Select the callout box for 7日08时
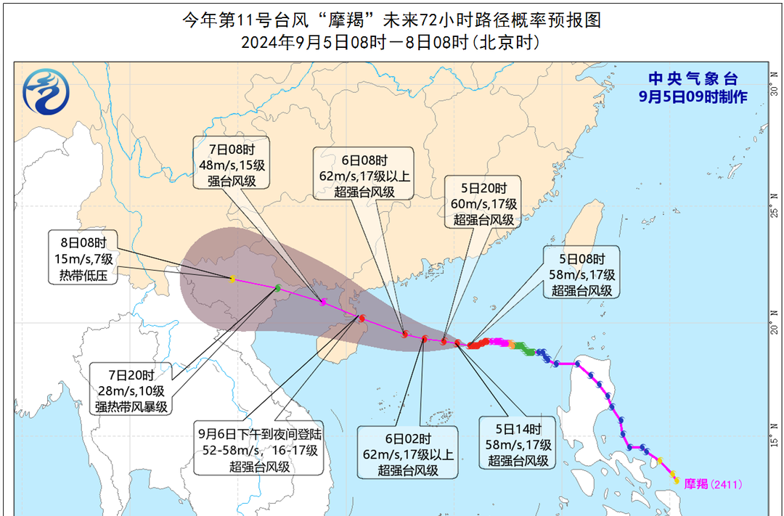coord(229,163)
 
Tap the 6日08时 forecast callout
coord(363,175)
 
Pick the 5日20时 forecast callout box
coord(483,202)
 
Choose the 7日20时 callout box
coord(131,391)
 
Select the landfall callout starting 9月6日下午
coord(259,450)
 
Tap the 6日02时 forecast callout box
coord(407,453)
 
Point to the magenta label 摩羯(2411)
coord(714,484)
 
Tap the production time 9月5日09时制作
coord(693,97)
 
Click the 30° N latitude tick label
coord(775,92)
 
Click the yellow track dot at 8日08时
coord(232,279)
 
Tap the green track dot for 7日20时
coord(277,289)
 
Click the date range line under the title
coord(391,43)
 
